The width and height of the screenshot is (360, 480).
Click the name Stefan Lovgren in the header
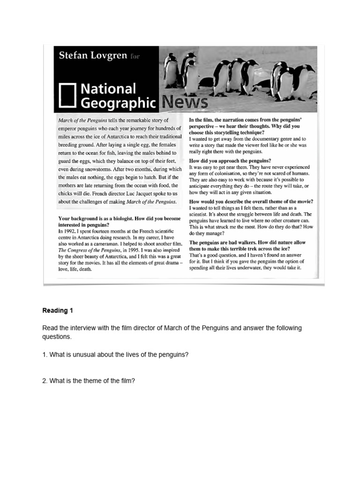coord(93,56)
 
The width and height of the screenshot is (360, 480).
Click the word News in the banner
coord(183,102)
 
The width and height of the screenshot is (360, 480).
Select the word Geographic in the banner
coord(118,103)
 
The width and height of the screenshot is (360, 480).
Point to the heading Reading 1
coord(58,311)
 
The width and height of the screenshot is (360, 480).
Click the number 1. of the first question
coord(45,355)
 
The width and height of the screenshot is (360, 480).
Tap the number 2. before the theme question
coord(45,381)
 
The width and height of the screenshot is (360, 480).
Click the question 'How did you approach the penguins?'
coord(230,160)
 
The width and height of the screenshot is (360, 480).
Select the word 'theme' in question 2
coord(91,381)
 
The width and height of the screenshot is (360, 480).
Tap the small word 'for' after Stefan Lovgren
coord(134,57)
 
